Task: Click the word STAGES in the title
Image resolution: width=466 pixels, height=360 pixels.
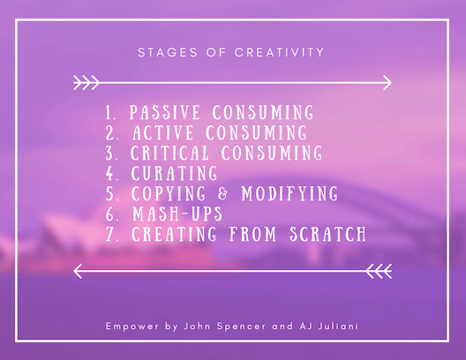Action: point(168,53)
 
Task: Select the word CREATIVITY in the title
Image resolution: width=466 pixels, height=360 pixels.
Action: point(280,53)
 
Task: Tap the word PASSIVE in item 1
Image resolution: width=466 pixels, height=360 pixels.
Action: point(165,112)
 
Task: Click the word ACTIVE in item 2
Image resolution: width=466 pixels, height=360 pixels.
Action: point(163,132)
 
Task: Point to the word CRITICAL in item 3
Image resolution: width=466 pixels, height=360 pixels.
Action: point(169,153)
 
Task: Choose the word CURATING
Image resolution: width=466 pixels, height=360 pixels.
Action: point(175,173)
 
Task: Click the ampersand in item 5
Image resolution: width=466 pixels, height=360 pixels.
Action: point(223,193)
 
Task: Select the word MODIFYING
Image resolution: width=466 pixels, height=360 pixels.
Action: point(289,193)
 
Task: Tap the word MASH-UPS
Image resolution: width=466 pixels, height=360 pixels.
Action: point(177,214)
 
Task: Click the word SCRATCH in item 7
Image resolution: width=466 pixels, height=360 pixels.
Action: point(328,234)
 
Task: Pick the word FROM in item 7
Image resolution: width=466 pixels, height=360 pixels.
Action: point(253,234)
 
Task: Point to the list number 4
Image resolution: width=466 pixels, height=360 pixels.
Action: point(110,173)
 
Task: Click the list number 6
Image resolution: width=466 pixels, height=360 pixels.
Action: point(110,214)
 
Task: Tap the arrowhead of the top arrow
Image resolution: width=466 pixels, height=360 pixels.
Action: point(387,83)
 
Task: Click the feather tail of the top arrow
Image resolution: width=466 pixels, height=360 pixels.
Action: point(86,83)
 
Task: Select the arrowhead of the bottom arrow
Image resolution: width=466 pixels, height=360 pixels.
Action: point(78,271)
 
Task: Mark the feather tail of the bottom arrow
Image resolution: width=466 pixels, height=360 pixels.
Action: point(379,271)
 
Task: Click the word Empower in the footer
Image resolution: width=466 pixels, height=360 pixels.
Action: point(132,326)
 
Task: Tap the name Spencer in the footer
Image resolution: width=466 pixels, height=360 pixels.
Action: point(241,326)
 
